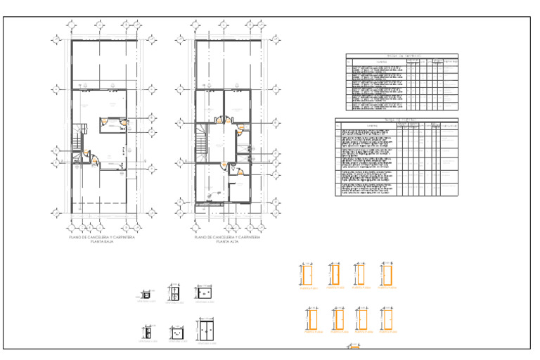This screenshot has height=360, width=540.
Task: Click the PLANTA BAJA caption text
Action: [102, 242]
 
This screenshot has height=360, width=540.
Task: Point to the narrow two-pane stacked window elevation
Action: [147, 332]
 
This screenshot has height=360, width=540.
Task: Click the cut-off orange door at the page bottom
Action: [354, 347]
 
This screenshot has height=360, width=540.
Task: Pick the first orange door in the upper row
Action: [307, 275]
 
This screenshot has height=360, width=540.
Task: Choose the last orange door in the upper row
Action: [386, 274]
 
